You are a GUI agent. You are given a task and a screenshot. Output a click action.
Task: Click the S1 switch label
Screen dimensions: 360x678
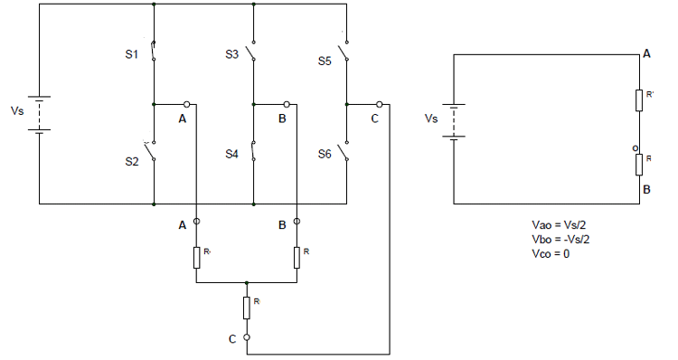(130, 55)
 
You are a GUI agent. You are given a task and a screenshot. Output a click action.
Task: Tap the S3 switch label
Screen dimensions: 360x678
(231, 55)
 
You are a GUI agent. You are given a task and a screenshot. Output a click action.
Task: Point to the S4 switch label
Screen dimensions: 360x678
(231, 155)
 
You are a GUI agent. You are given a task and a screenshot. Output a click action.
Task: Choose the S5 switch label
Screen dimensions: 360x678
(325, 62)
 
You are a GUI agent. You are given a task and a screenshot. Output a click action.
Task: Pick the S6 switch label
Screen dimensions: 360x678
(325, 155)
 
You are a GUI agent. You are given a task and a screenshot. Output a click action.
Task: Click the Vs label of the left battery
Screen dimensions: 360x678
(17, 111)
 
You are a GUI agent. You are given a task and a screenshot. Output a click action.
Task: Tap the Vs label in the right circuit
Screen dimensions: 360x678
(431, 118)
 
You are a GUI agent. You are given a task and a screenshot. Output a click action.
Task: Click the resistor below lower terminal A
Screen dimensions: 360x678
(196, 257)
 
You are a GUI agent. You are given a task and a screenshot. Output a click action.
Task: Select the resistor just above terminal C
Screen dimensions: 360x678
(246, 308)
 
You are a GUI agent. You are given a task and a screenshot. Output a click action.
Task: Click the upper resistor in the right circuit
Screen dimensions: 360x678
(639, 99)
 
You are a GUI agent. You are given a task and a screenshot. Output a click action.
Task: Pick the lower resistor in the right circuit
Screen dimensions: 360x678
(639, 164)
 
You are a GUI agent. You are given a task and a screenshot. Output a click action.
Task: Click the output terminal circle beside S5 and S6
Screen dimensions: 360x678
(379, 104)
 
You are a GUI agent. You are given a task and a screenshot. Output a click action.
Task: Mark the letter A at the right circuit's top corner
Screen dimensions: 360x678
(646, 54)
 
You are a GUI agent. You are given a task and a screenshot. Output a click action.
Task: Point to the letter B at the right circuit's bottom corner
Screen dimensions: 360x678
(646, 190)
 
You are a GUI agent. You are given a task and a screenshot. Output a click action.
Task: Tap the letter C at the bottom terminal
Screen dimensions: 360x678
(232, 337)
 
